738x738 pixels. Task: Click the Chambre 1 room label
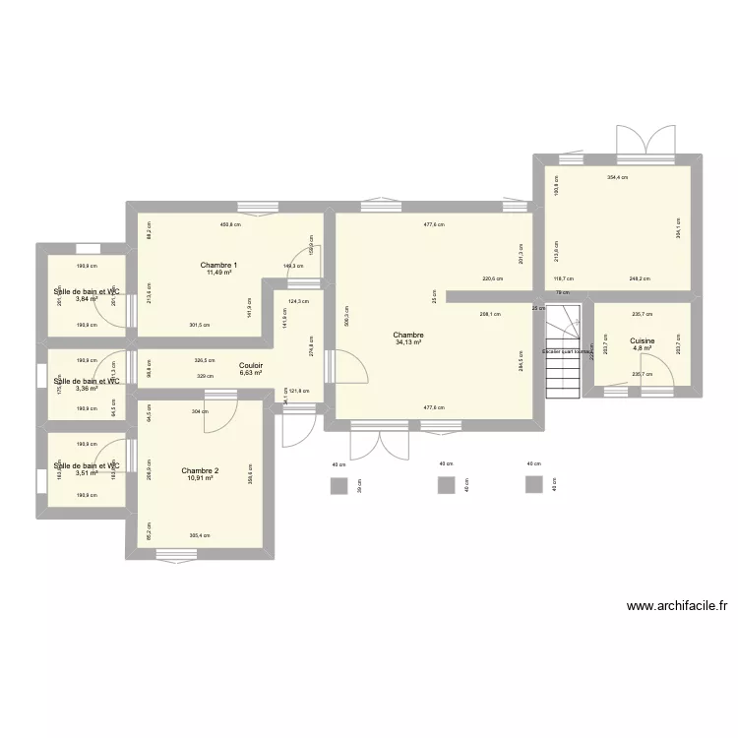218,265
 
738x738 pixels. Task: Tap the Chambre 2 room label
200,471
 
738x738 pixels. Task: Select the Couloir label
251,365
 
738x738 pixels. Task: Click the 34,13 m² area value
409,342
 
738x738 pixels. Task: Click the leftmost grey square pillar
339,485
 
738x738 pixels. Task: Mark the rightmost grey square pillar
534,484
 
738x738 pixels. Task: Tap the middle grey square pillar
446,485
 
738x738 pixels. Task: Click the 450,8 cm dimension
230,224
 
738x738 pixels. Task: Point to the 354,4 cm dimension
617,178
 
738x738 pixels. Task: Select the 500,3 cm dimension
346,315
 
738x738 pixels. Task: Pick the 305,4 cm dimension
200,536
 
